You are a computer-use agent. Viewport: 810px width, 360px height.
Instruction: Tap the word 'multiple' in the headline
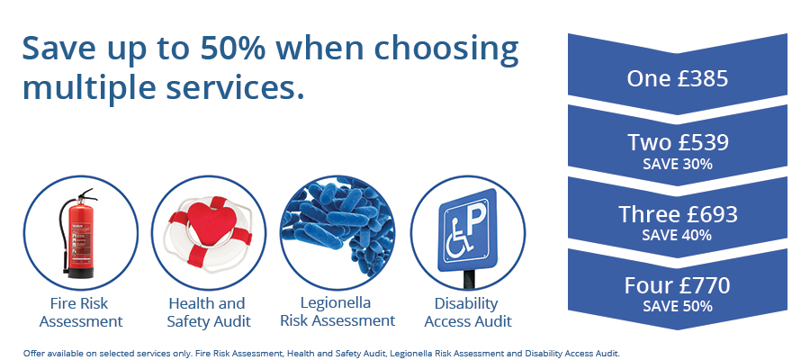[89, 88]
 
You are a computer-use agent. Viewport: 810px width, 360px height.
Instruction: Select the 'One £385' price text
[677, 79]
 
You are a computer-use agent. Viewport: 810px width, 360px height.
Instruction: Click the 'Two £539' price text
[677, 142]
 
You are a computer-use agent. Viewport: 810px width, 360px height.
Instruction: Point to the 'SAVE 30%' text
[677, 164]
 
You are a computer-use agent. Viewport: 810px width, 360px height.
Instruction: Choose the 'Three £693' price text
[677, 214]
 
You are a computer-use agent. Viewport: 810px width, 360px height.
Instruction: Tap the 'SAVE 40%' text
[677, 236]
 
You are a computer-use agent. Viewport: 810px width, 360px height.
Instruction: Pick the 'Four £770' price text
[677, 286]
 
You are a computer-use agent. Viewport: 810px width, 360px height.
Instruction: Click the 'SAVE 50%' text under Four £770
[677, 307]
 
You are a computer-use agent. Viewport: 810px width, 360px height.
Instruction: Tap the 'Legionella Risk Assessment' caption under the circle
[337, 311]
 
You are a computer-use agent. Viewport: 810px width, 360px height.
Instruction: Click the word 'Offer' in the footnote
[36, 352]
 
